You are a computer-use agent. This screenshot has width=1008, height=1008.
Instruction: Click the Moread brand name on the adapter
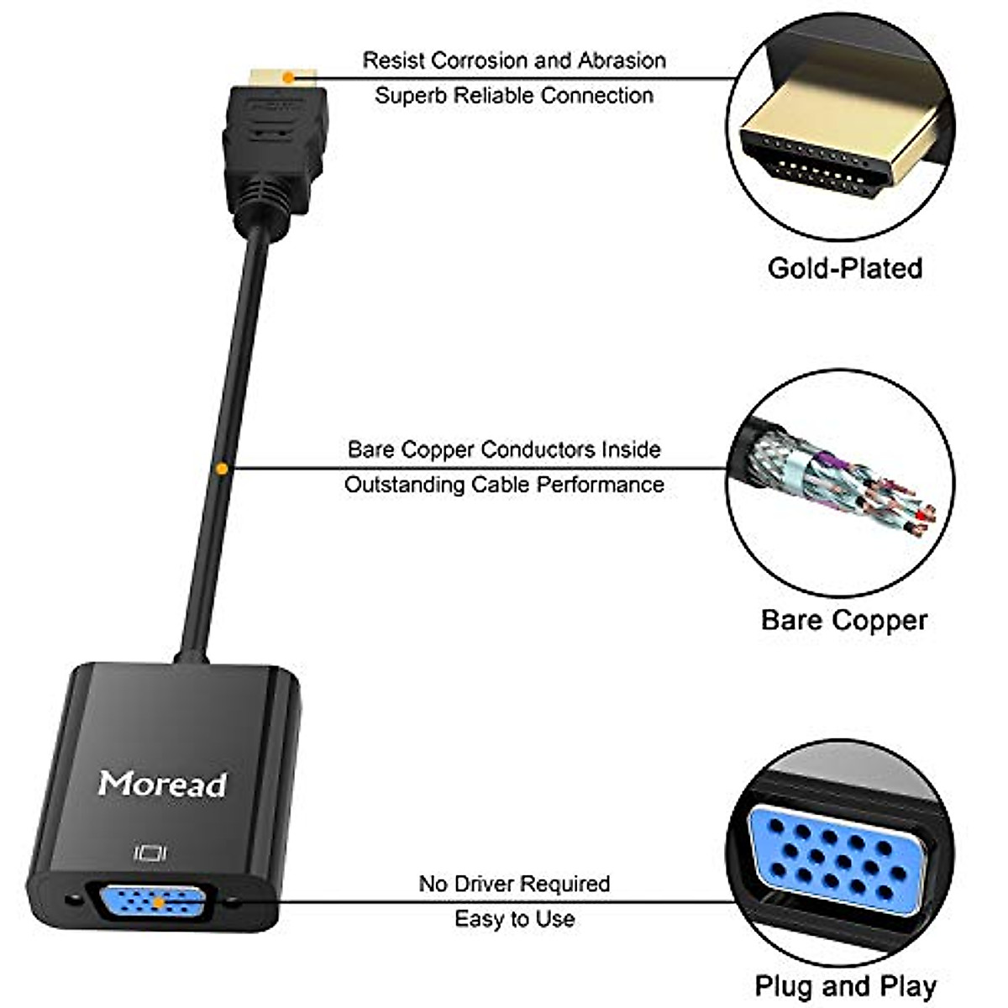[162, 784]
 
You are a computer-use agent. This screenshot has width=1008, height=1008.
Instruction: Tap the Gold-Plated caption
[844, 268]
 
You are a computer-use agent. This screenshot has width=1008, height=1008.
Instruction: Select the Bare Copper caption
[843, 621]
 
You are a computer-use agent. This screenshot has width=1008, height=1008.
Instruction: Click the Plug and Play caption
[845, 986]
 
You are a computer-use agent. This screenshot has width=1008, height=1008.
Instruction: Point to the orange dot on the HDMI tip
[288, 77]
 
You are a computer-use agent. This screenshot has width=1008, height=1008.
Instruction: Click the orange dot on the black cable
[221, 468]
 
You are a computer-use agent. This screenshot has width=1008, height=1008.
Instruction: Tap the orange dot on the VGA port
[158, 903]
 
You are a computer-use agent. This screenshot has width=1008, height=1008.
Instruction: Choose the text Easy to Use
[514, 919]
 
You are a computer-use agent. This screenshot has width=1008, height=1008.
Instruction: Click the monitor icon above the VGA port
[150, 854]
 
